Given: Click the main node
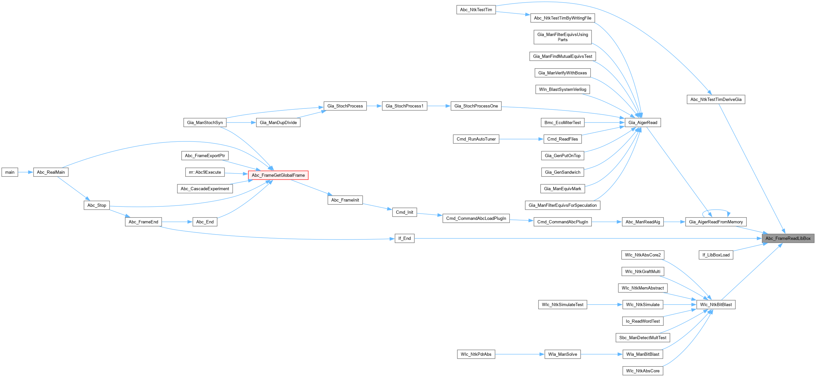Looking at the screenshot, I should click(x=10, y=172).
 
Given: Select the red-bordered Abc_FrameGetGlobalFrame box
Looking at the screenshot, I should click(x=278, y=175).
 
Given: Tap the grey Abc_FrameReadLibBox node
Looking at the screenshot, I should click(x=788, y=238).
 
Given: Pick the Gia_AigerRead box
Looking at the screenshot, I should click(x=642, y=123).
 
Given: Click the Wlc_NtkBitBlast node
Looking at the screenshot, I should click(x=716, y=304).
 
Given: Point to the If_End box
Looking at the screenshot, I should click(x=404, y=238).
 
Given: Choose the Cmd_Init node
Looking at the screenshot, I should click(x=404, y=212).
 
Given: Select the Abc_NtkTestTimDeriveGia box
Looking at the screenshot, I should click(x=716, y=99).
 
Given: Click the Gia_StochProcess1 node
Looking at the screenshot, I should click(x=404, y=106).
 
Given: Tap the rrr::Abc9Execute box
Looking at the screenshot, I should click(x=205, y=172).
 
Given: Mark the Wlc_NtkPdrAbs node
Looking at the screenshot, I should click(x=476, y=354).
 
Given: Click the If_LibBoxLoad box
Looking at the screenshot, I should click(x=716, y=255).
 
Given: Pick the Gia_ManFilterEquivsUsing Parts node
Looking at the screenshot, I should click(x=562, y=37).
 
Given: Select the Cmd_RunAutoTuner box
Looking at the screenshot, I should click(x=476, y=139).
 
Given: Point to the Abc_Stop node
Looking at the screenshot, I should click(x=97, y=205).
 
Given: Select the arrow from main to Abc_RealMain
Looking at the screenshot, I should click(x=26, y=172).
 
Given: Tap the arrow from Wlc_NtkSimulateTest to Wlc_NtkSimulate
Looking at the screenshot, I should click(x=605, y=304).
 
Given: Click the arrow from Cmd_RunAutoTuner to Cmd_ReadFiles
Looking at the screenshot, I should click(x=521, y=139).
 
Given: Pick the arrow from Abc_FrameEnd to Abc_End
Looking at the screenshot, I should click(x=177, y=222).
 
